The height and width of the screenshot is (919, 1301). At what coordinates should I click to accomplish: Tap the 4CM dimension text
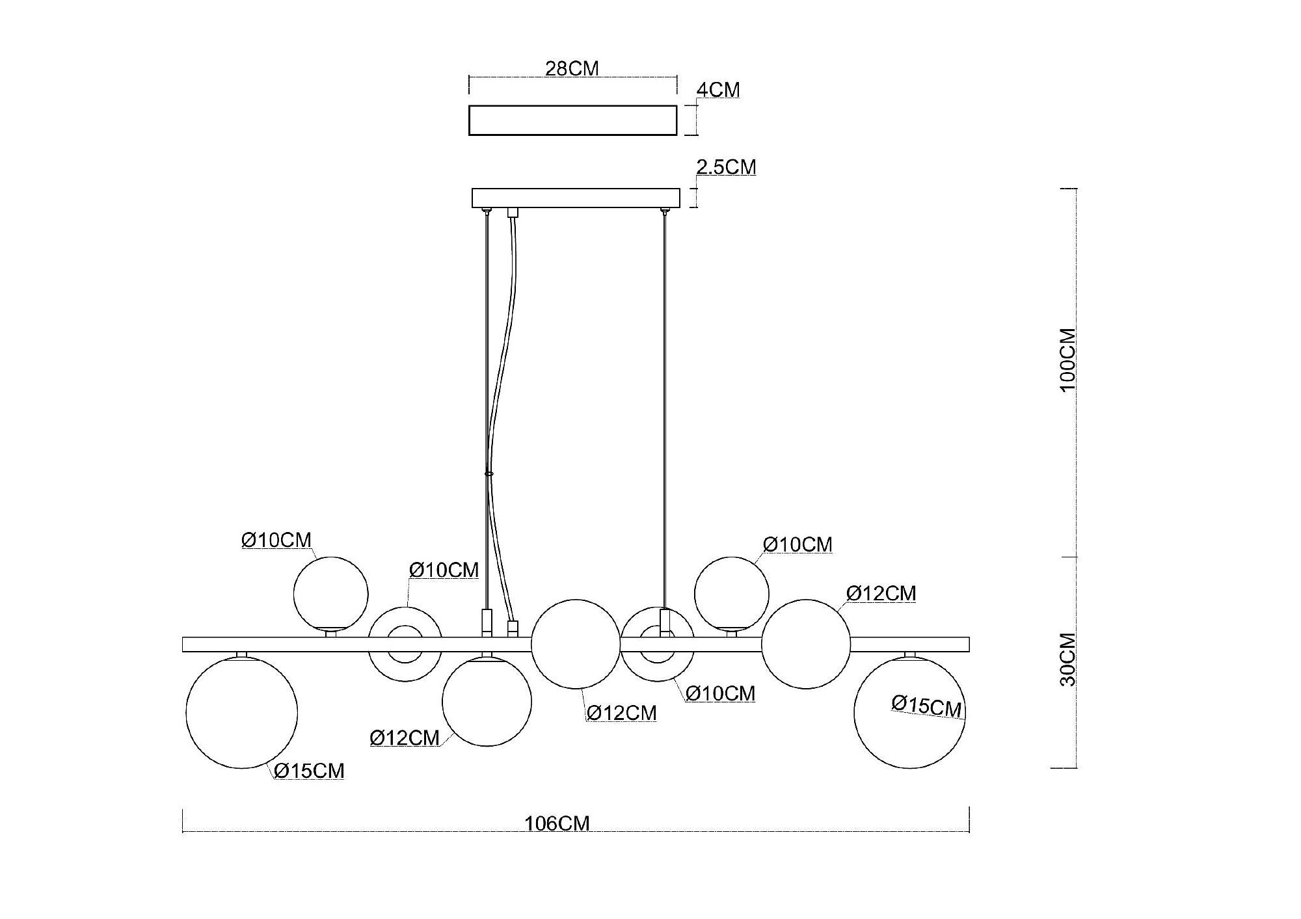[718, 90]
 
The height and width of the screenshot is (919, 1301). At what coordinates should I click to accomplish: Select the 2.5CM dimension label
[726, 167]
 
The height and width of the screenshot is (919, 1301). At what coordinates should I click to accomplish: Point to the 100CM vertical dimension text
[1068, 360]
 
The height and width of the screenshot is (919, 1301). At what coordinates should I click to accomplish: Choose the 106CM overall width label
[557, 823]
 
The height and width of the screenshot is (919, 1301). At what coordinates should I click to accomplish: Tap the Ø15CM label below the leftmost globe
[309, 771]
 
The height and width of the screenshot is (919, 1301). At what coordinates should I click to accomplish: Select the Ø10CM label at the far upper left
[276, 540]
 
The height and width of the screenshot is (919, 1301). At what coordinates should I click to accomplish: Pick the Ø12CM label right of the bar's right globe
[881, 593]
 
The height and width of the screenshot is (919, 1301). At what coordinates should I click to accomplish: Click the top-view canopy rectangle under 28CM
[572, 120]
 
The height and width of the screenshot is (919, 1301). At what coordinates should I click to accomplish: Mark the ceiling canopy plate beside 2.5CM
[575, 198]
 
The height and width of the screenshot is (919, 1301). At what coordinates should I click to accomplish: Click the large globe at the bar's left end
[242, 712]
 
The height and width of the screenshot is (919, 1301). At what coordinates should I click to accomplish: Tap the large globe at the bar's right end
[909, 712]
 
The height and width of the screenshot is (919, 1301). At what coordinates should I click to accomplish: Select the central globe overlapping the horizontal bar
[575, 644]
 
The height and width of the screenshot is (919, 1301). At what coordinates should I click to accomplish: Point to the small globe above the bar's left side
[330, 594]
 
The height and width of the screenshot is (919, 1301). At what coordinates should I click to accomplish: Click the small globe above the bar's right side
[731, 594]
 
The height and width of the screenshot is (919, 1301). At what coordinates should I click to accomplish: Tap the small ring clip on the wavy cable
[489, 473]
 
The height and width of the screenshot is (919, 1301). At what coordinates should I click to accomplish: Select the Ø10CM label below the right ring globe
[721, 693]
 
